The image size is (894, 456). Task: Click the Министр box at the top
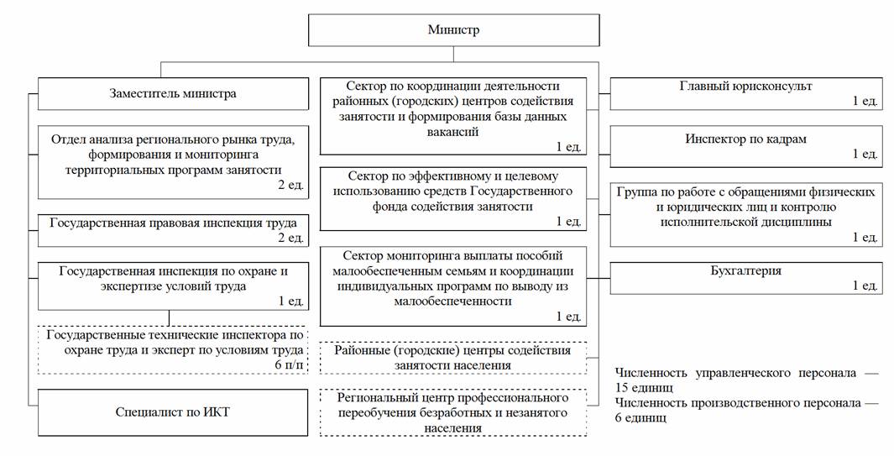tap(454, 30)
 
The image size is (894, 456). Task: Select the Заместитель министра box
tap(173, 93)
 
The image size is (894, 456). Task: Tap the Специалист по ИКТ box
tap(173, 412)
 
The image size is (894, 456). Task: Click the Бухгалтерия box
tap(746, 278)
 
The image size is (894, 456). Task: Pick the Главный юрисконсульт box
tap(746, 93)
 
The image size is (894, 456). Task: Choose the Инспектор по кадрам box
tap(746, 147)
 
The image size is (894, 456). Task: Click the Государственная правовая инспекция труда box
tap(173, 231)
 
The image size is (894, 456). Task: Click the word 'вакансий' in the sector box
tap(452, 132)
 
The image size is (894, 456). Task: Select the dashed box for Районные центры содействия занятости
tap(453, 357)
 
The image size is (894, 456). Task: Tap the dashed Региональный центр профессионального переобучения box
tap(453, 412)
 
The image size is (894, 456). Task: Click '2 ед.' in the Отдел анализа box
tap(291, 185)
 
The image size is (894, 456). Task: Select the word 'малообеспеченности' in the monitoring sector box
tap(453, 301)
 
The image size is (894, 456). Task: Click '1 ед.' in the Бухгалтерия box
tap(865, 286)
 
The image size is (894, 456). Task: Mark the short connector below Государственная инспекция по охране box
tap(170, 318)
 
